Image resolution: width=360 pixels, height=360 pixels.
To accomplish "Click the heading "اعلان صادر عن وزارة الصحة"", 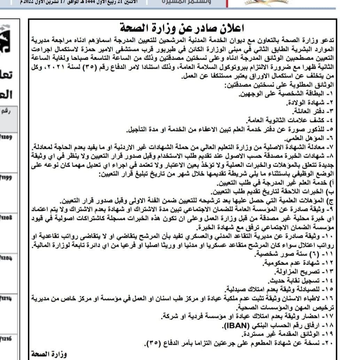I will coord(182,27).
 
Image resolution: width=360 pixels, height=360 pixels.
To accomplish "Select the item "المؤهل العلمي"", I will coord(305,137).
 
